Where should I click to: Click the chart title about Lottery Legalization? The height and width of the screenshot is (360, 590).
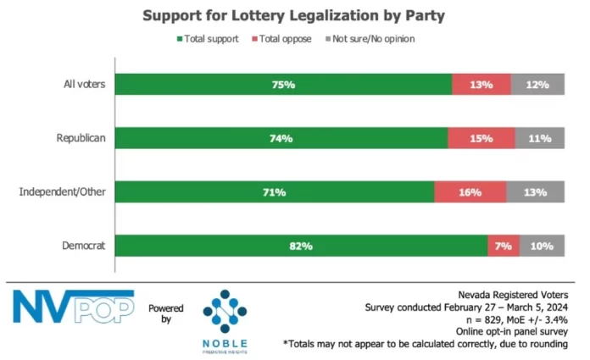point(293,15)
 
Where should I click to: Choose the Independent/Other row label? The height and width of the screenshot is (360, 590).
point(62,192)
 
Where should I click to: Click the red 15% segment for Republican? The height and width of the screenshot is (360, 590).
point(481,138)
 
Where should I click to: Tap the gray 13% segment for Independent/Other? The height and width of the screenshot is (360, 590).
point(536,192)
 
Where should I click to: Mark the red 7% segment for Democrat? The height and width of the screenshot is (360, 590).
point(504,246)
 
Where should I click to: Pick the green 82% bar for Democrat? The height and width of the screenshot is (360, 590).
point(301,246)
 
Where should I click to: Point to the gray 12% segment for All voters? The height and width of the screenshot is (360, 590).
point(538,85)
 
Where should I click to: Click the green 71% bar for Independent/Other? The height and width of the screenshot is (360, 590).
point(274,192)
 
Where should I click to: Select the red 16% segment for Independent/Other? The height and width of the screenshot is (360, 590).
point(470,192)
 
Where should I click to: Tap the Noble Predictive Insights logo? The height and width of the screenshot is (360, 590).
point(225,314)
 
